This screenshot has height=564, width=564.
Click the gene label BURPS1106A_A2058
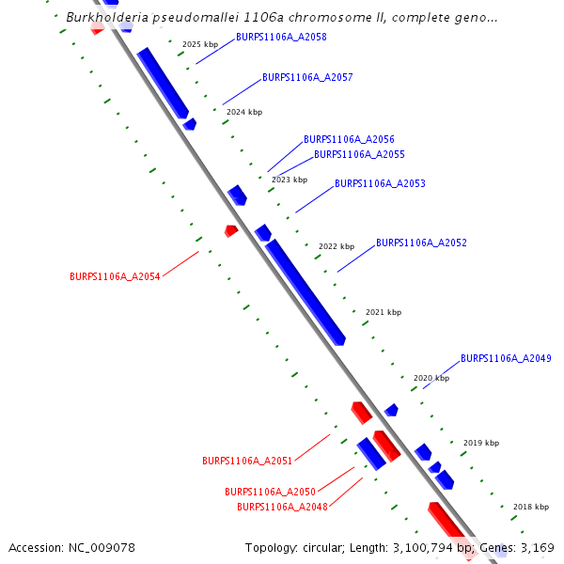point(281,37)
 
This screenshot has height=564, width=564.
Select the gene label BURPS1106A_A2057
point(307,77)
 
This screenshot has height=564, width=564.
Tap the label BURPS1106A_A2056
point(349,139)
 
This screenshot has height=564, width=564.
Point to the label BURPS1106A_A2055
point(359,154)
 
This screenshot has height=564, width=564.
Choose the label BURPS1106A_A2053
point(380,183)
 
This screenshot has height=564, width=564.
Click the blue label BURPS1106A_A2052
point(421,243)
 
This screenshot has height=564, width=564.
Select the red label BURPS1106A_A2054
point(115,276)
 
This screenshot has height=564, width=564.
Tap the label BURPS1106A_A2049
point(506,358)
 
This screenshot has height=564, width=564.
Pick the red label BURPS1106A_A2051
point(247,461)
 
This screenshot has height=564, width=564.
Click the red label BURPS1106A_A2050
point(270,492)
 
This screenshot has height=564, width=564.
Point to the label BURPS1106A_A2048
point(282,507)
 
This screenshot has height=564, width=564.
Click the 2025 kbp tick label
point(200,44)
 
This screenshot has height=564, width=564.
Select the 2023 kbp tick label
point(290,180)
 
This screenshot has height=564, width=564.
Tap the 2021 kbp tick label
point(384,312)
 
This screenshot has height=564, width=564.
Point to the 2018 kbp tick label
point(531,507)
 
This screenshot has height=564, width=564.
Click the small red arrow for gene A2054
point(231,230)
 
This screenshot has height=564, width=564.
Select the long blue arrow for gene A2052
point(305,291)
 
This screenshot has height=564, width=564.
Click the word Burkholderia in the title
point(109,17)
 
